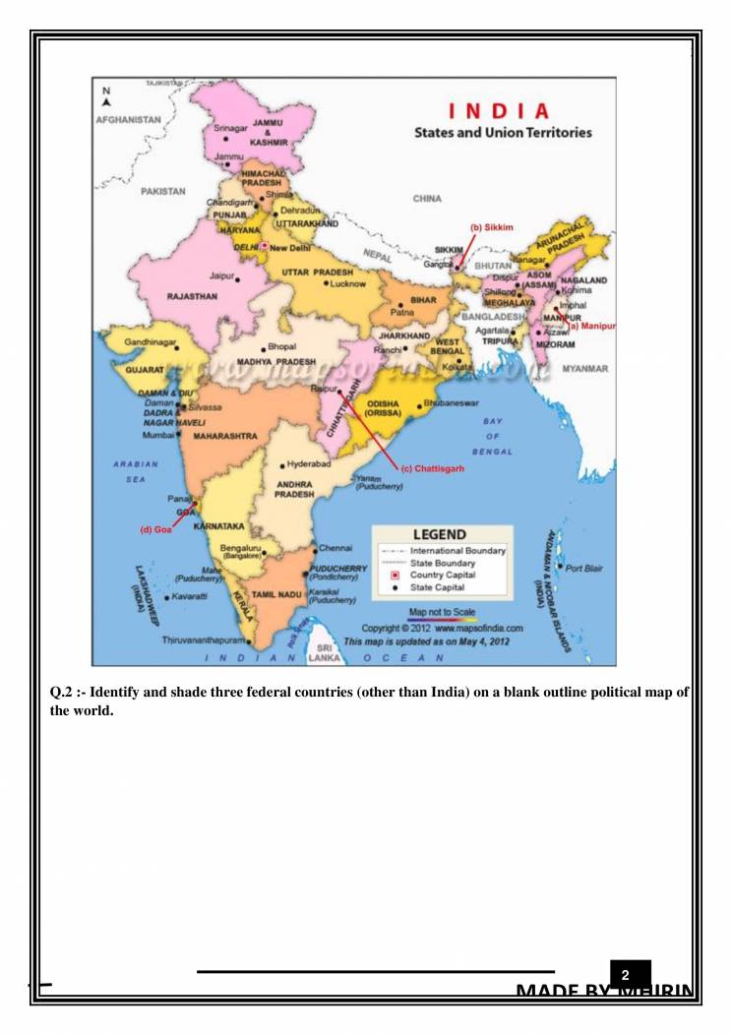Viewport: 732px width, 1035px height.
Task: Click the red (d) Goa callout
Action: coord(156,529)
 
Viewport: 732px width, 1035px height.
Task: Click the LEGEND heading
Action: coord(439,534)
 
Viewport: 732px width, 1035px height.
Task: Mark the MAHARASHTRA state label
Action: coord(225,435)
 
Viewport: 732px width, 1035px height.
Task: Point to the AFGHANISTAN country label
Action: coord(129,118)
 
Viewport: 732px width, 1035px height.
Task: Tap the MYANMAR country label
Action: coord(584,369)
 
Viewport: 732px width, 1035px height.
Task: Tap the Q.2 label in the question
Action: coord(65,695)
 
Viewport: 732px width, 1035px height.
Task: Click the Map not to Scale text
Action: coord(442,612)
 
